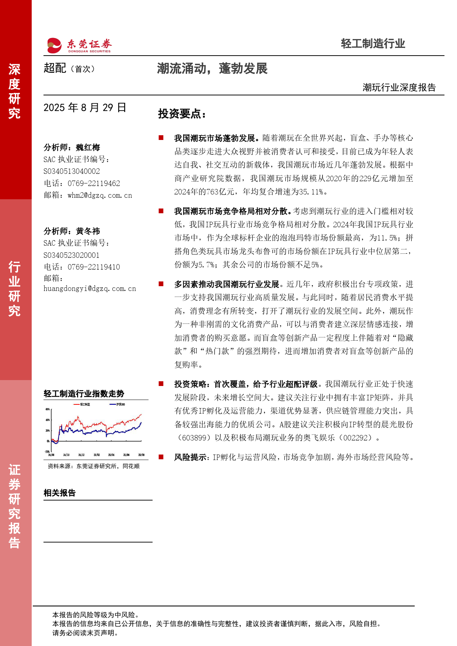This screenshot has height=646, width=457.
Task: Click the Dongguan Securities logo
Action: (79, 46)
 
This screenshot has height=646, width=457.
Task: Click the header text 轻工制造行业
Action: (373, 44)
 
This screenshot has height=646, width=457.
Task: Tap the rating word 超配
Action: (55, 68)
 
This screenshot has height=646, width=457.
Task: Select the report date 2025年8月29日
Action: (85, 108)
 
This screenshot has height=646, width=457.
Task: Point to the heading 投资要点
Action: (181, 114)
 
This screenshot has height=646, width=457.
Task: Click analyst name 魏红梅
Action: (88, 148)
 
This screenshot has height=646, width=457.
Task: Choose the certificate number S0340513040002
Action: (71, 171)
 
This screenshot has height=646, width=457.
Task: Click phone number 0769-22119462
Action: (94, 183)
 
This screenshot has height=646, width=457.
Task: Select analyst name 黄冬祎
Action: (88, 231)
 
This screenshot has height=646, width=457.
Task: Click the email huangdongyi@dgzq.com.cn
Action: (90, 288)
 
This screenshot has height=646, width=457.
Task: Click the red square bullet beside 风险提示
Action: (161, 457)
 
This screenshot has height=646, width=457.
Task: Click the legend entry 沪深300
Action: (118, 404)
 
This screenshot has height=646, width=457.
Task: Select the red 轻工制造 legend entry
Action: (83, 404)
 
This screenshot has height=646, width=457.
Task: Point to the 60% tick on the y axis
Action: (48, 409)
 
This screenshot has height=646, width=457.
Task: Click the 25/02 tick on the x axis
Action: (97, 455)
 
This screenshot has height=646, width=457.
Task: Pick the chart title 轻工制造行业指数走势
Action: (84, 394)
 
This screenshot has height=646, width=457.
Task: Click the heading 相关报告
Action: (59, 493)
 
